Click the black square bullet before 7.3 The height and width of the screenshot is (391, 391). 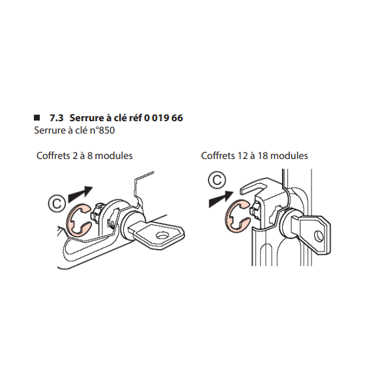(36, 117)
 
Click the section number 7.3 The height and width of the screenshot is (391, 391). (57, 118)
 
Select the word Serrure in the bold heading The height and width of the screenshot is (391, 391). (86, 118)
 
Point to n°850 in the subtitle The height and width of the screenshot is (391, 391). (102, 130)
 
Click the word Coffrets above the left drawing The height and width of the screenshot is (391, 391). (53, 156)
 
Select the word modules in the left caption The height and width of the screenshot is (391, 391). (113, 156)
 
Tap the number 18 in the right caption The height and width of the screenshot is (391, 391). (263, 156)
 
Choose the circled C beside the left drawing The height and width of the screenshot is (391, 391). (57, 203)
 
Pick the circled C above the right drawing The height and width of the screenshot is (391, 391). (217, 180)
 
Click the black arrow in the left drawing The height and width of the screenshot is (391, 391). (80, 194)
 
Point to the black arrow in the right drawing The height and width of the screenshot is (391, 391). (220, 199)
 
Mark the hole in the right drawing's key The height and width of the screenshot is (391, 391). (318, 236)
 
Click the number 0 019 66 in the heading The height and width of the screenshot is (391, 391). (164, 118)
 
